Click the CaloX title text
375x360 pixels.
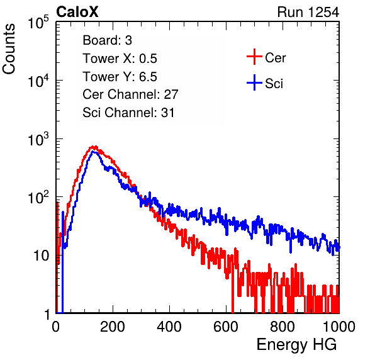pos(77,12)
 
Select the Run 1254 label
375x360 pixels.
pos(308,12)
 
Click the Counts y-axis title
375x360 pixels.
pos(9,49)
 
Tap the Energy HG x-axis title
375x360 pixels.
pos(296,344)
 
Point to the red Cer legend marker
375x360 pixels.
pos(254,57)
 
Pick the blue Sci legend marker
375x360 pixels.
pos(254,83)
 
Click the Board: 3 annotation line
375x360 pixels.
pos(108,40)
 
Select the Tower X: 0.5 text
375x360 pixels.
pos(120,59)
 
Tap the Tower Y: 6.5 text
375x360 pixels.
pos(120,77)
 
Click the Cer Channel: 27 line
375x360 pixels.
pos(131,94)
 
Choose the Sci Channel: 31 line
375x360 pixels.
pos(128,113)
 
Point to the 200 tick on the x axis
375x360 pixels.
pos(113,327)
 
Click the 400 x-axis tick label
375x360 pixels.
pos(169,327)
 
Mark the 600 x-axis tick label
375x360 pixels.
pos(226,327)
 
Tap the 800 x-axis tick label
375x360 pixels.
pos(283,327)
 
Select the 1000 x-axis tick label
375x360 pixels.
pos(339,327)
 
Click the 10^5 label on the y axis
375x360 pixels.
pos(38,23)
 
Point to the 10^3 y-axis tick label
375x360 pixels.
pos(38,140)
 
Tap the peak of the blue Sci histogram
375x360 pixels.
pos(94,152)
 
